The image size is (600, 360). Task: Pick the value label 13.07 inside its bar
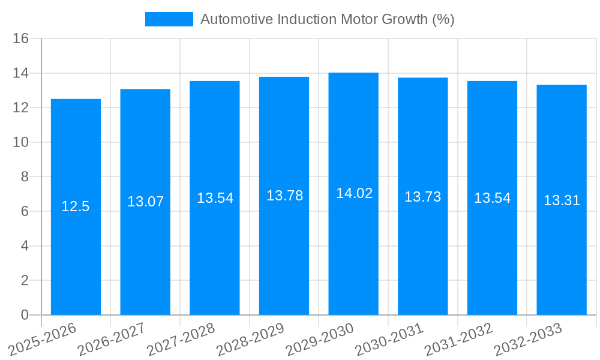click(145, 202)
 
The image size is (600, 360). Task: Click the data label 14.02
click(354, 193)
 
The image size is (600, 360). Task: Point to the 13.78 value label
click(284, 196)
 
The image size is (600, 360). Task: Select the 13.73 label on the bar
click(422, 197)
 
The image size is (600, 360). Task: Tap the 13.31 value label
click(562, 200)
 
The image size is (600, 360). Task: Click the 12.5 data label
click(76, 207)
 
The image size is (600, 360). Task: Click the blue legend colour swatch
click(169, 19)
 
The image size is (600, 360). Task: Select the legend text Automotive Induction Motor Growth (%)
click(327, 19)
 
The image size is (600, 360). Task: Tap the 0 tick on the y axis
click(25, 315)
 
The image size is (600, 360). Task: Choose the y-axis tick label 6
click(25, 212)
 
